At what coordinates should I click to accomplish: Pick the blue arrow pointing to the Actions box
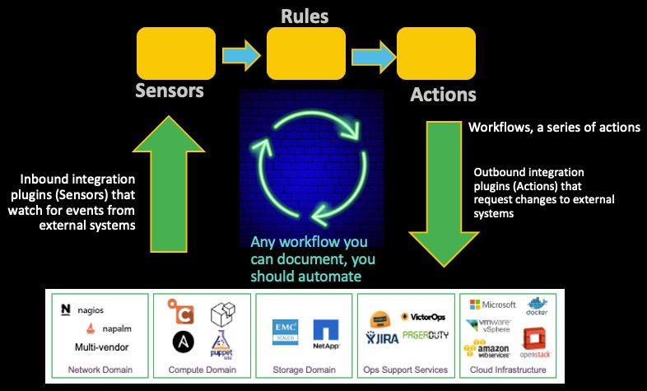[371, 55]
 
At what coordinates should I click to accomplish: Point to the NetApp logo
[326, 333]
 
